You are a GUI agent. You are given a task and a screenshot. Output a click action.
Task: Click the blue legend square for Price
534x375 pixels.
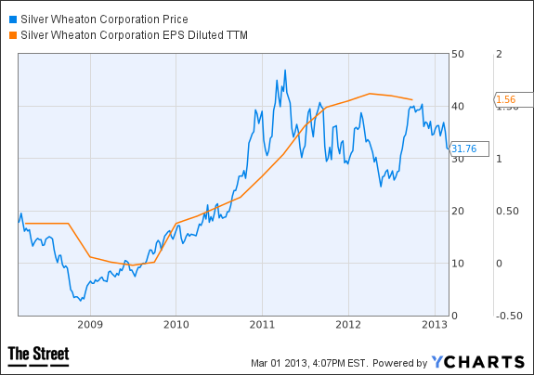coord(13,19)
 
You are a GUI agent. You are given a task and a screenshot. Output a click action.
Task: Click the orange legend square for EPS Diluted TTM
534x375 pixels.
coord(13,35)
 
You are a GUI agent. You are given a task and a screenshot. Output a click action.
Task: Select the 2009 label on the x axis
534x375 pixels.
coord(90,325)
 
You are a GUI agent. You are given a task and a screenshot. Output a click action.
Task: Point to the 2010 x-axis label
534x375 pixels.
coord(176,325)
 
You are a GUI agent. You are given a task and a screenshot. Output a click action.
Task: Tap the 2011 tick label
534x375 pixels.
coord(262,325)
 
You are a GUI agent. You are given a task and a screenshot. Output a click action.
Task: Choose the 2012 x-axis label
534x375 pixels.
coord(348,325)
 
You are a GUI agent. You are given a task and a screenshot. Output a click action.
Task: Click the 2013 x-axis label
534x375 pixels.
coord(435,325)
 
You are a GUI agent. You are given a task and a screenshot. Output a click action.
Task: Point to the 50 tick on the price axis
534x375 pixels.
coord(457,54)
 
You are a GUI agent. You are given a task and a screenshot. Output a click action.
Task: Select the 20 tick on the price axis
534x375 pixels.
coord(457,211)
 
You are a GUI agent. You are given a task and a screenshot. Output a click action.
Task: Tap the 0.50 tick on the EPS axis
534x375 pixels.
coord(507,211)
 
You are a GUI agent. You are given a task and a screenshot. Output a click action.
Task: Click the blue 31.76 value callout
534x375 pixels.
coord(469,149)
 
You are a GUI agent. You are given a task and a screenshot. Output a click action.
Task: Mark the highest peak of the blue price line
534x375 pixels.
coord(285,71)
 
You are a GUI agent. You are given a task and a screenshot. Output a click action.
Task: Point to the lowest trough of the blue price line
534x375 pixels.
coord(81,301)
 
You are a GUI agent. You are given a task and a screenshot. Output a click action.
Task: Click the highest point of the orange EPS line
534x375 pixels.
coord(370,93)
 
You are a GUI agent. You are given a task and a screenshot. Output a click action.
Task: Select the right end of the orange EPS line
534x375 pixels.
coord(412,99)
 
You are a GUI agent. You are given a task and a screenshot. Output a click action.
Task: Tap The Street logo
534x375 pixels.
coord(38,356)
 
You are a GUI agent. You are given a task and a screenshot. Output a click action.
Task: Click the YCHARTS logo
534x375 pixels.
coord(478,362)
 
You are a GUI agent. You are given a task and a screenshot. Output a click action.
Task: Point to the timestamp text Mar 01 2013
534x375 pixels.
coord(280,363)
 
